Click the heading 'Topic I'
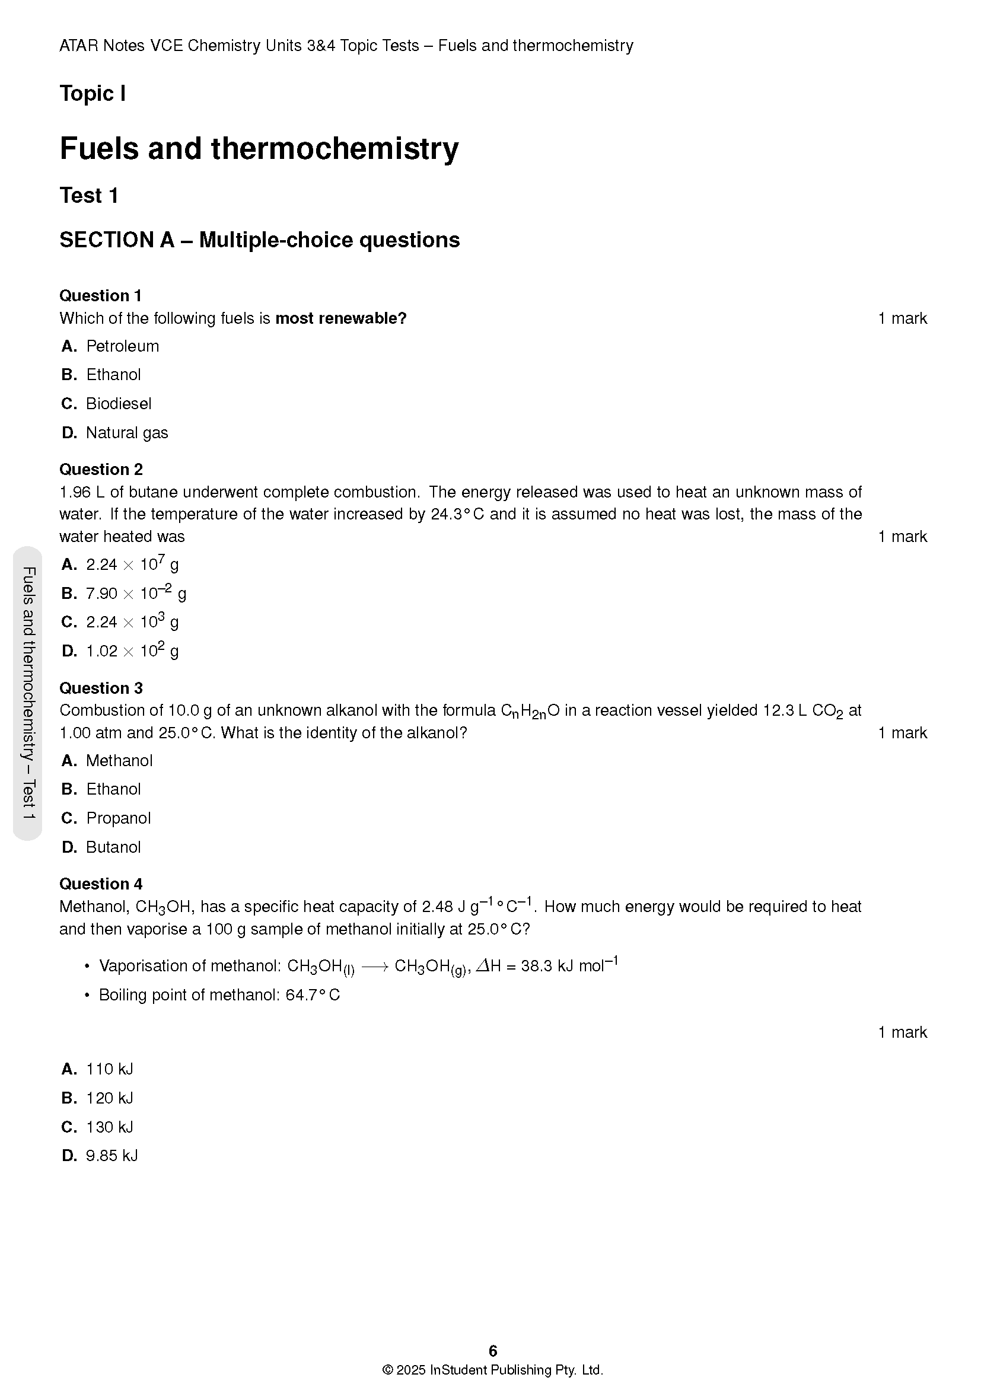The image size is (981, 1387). click(93, 94)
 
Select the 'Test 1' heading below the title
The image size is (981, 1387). click(89, 196)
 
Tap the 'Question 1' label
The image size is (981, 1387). click(100, 295)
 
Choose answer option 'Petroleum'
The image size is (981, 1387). click(122, 346)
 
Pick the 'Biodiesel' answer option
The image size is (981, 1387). click(119, 404)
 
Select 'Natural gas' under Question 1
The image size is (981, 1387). click(127, 432)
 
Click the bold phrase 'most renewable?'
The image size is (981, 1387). click(340, 318)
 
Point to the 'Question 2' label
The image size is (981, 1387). click(101, 470)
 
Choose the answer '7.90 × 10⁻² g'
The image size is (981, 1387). click(135, 592)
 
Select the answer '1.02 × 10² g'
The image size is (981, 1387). click(132, 651)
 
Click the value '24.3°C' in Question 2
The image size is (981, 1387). click(457, 514)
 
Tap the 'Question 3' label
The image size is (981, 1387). click(101, 688)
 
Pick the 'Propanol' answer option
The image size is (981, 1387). click(119, 818)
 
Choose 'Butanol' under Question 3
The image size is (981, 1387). click(113, 847)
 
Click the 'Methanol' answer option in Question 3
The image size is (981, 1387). click(119, 761)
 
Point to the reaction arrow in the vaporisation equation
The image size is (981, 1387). click(374, 967)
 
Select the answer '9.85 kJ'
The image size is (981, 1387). click(112, 1156)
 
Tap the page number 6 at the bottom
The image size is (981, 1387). click(493, 1351)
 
